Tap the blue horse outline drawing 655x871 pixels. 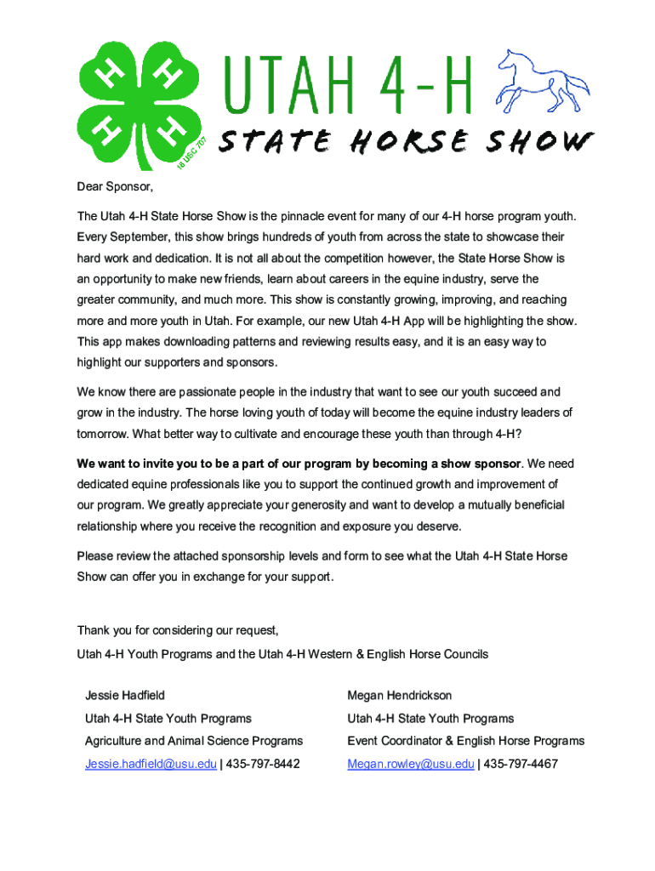[544, 82]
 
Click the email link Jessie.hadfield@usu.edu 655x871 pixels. [151, 764]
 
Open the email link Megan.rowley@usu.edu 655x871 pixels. [410, 764]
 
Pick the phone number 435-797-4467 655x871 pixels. [520, 764]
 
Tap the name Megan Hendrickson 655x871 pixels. [400, 696]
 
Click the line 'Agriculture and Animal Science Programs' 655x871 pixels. [194, 741]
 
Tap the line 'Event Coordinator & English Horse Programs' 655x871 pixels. [465, 741]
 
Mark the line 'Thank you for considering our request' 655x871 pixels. [178, 630]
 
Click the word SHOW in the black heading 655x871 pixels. [536, 142]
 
